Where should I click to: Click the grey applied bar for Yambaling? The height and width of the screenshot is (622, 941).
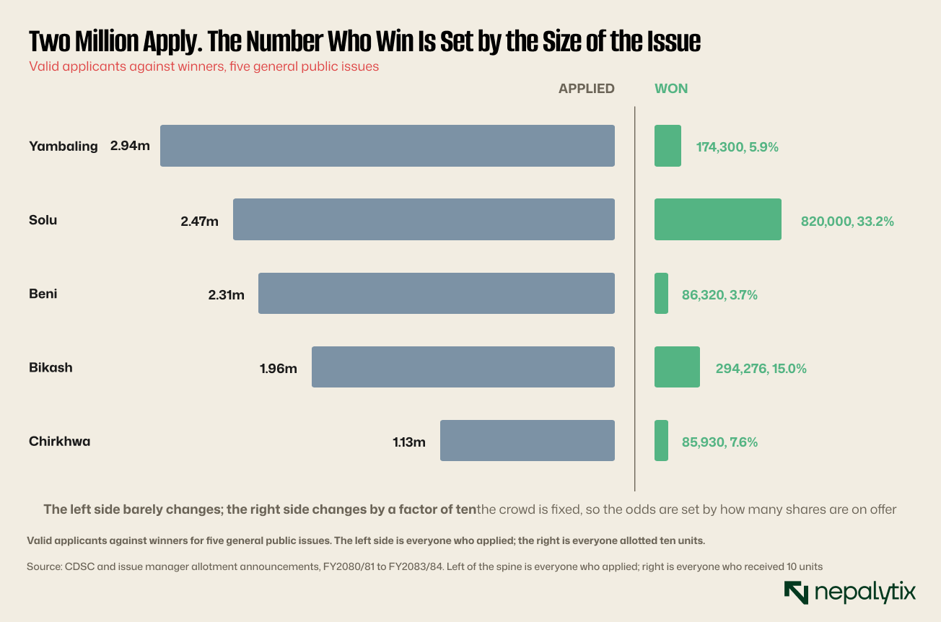(388, 146)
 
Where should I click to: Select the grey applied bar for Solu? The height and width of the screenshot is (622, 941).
(424, 219)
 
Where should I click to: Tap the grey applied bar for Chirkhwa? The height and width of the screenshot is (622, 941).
(528, 441)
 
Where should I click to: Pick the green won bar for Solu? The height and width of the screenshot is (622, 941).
(718, 219)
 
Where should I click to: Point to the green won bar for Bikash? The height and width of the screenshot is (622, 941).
(677, 367)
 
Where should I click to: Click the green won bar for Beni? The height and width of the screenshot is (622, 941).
(661, 293)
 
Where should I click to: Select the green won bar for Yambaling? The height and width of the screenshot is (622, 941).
(668, 146)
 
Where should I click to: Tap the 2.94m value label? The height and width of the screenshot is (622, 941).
(130, 146)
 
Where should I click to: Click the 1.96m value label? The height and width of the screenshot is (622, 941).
(278, 369)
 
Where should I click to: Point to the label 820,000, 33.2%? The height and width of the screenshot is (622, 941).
(847, 222)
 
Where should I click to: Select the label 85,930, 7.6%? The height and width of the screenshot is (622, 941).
(719, 442)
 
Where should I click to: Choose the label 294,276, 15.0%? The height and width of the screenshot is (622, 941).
(761, 369)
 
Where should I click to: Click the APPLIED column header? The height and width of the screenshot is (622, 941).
(587, 89)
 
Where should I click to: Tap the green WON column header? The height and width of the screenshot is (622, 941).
(671, 89)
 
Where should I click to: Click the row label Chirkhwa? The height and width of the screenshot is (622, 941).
(60, 442)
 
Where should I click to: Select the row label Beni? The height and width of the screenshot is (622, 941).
(43, 294)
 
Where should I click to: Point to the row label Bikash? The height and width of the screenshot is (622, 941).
(51, 367)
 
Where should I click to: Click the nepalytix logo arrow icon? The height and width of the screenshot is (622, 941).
(796, 592)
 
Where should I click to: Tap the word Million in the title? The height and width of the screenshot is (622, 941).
(106, 41)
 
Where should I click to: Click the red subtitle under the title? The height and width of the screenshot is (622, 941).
(203, 67)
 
